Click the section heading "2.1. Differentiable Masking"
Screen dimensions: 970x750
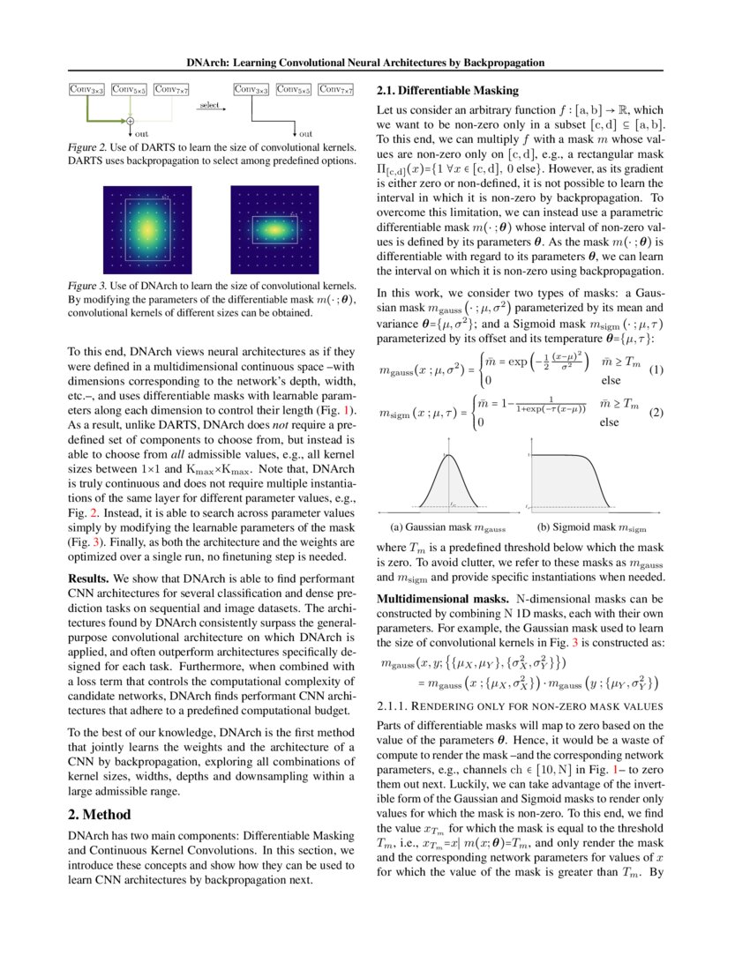pos(447,91)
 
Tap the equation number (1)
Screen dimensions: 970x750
pos(656,369)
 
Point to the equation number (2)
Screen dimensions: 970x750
pos(656,412)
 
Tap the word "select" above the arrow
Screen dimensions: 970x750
pos(209,105)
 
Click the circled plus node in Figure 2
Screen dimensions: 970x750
pos(130,120)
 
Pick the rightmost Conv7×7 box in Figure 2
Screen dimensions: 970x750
pos(336,89)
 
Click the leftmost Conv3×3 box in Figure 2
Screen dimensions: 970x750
pos(87,89)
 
